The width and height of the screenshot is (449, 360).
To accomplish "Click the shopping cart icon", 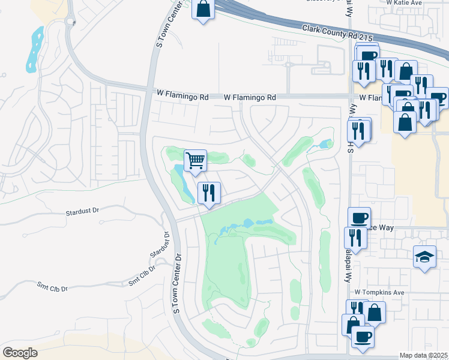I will coord(195,161).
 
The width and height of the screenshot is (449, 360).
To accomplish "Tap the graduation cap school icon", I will coord(424,257).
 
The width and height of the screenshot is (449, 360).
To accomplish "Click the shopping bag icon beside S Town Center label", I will coord(203,9).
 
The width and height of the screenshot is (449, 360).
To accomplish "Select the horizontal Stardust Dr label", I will coord(82,212).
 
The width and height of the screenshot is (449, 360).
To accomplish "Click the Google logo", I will coord(20,352).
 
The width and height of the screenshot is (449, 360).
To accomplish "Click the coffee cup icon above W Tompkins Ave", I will coord(359,218).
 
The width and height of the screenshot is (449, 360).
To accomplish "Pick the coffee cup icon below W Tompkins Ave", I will coord(363,336).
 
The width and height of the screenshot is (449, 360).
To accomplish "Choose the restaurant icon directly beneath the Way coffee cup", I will coord(355,238).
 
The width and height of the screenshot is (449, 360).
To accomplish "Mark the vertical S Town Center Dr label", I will coord(177,283).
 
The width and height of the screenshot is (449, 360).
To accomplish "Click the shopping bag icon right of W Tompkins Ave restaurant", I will coord(375,312).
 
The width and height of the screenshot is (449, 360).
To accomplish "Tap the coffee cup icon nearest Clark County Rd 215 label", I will coord(368,56).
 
